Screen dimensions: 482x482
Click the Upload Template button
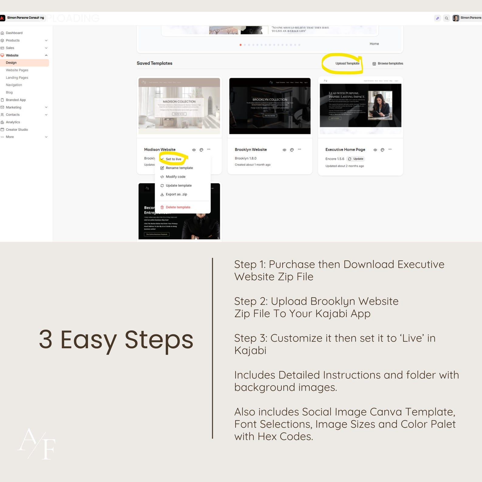point(347,63)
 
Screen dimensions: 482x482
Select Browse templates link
point(390,63)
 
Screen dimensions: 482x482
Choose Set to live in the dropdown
point(173,159)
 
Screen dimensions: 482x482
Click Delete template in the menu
point(178,207)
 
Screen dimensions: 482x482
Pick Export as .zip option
point(176,194)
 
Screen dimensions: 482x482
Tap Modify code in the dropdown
point(175,177)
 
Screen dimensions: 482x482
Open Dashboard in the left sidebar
point(14,33)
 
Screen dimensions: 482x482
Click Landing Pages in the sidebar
point(17,78)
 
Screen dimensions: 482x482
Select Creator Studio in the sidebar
point(17,130)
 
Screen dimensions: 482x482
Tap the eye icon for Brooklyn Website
point(284,150)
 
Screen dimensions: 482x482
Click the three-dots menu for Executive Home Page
point(390,149)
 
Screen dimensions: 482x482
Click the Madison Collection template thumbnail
point(179,106)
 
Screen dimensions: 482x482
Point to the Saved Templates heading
point(154,63)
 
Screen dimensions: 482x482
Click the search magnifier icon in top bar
point(446,18)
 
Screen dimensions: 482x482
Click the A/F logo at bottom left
point(37,443)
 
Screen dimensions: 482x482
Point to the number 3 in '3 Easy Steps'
point(46,340)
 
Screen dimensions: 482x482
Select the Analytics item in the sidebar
point(13,122)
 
